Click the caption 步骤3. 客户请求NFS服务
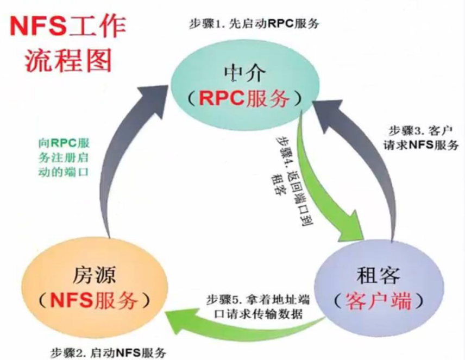421,138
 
